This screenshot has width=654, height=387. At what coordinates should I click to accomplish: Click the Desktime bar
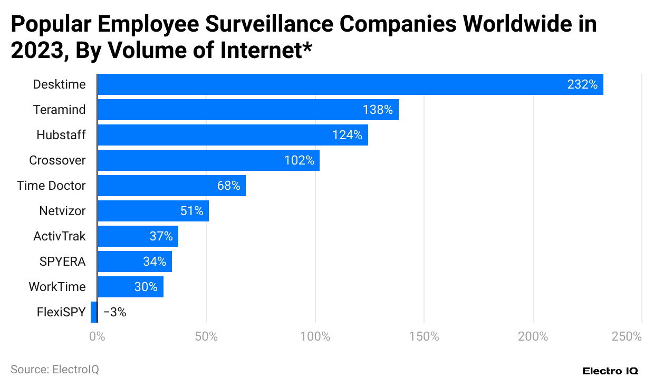coord(350,84)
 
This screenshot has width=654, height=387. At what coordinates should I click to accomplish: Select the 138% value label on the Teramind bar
coord(378,110)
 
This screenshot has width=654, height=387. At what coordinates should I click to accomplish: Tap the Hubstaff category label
coord(61,135)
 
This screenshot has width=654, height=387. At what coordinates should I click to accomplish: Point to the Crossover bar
coord(208,160)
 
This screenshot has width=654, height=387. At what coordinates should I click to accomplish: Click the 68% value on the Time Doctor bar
coord(228,186)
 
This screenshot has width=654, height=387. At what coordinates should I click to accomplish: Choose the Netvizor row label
coord(62,211)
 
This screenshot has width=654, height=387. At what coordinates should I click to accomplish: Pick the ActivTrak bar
coord(138,236)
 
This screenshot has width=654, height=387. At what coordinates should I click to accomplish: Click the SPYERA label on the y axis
coord(62,262)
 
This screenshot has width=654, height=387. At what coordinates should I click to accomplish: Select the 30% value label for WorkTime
coord(146,287)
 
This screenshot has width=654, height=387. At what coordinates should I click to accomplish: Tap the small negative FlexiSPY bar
coord(94,312)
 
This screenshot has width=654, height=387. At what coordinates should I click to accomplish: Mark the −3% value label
coord(114,312)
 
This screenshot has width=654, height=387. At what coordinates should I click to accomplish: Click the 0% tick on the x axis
coord(97,336)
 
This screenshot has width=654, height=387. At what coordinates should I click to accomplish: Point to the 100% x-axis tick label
coord(315,336)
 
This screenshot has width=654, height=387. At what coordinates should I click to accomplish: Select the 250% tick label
coord(627,336)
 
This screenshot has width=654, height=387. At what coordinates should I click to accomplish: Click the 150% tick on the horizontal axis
coord(424,336)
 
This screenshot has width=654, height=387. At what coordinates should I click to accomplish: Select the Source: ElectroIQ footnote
coord(54,370)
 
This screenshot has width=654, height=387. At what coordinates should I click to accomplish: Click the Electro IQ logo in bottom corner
coord(610,371)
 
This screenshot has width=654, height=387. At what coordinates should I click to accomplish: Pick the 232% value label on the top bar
coord(582,84)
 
